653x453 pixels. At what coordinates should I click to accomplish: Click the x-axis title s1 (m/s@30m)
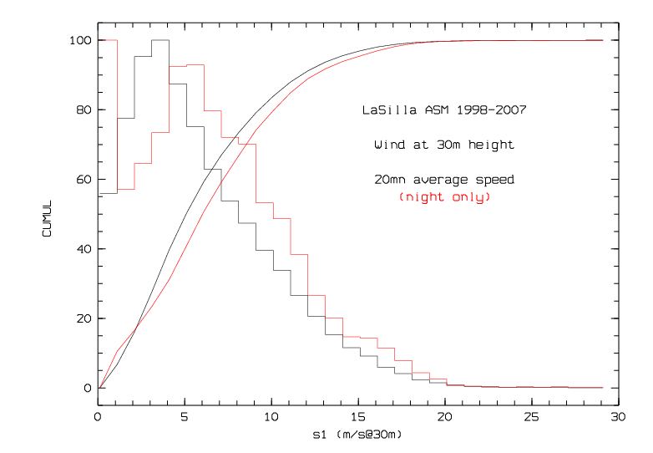pyautogui.click(x=357, y=435)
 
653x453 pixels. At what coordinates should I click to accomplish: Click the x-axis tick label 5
pyautogui.click(x=185, y=416)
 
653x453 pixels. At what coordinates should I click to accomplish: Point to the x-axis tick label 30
pyautogui.click(x=617, y=416)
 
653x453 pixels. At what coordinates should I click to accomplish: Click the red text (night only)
pyautogui.click(x=444, y=197)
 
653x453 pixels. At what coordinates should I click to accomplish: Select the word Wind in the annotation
pyautogui.click(x=390, y=145)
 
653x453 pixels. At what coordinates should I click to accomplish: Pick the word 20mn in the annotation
pyautogui.click(x=389, y=180)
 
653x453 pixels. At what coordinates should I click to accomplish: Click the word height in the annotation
pyautogui.click(x=492, y=145)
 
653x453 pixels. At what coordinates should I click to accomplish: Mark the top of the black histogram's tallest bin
pyautogui.click(x=160, y=40)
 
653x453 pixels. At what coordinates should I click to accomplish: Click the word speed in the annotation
pyautogui.click(x=495, y=180)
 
